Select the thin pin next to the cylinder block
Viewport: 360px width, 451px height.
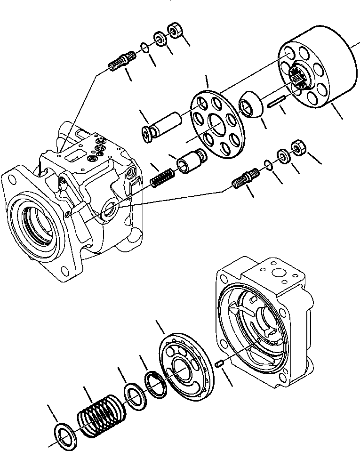coord(278,102)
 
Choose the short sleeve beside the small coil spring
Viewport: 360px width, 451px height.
coord(190,161)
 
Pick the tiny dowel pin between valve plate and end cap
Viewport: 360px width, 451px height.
coord(218,363)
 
